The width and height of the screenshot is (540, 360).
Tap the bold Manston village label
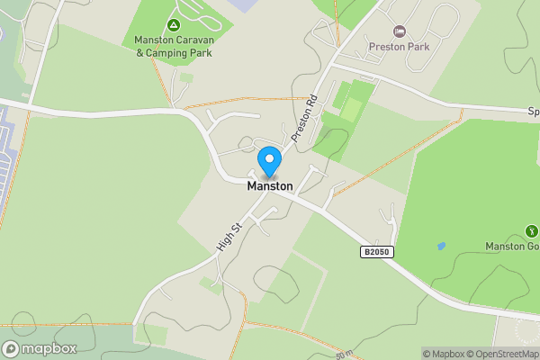270,186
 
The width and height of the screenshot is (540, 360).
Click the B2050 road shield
378,253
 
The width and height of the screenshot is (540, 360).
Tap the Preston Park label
399,46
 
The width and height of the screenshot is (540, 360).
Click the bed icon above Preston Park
400,31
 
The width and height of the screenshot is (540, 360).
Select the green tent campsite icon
173,23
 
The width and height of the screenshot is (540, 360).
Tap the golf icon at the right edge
529,232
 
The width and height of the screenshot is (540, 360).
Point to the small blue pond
440,246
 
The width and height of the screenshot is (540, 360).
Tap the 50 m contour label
344,355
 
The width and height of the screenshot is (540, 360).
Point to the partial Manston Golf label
512,247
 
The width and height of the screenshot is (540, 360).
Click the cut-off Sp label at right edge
533,112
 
